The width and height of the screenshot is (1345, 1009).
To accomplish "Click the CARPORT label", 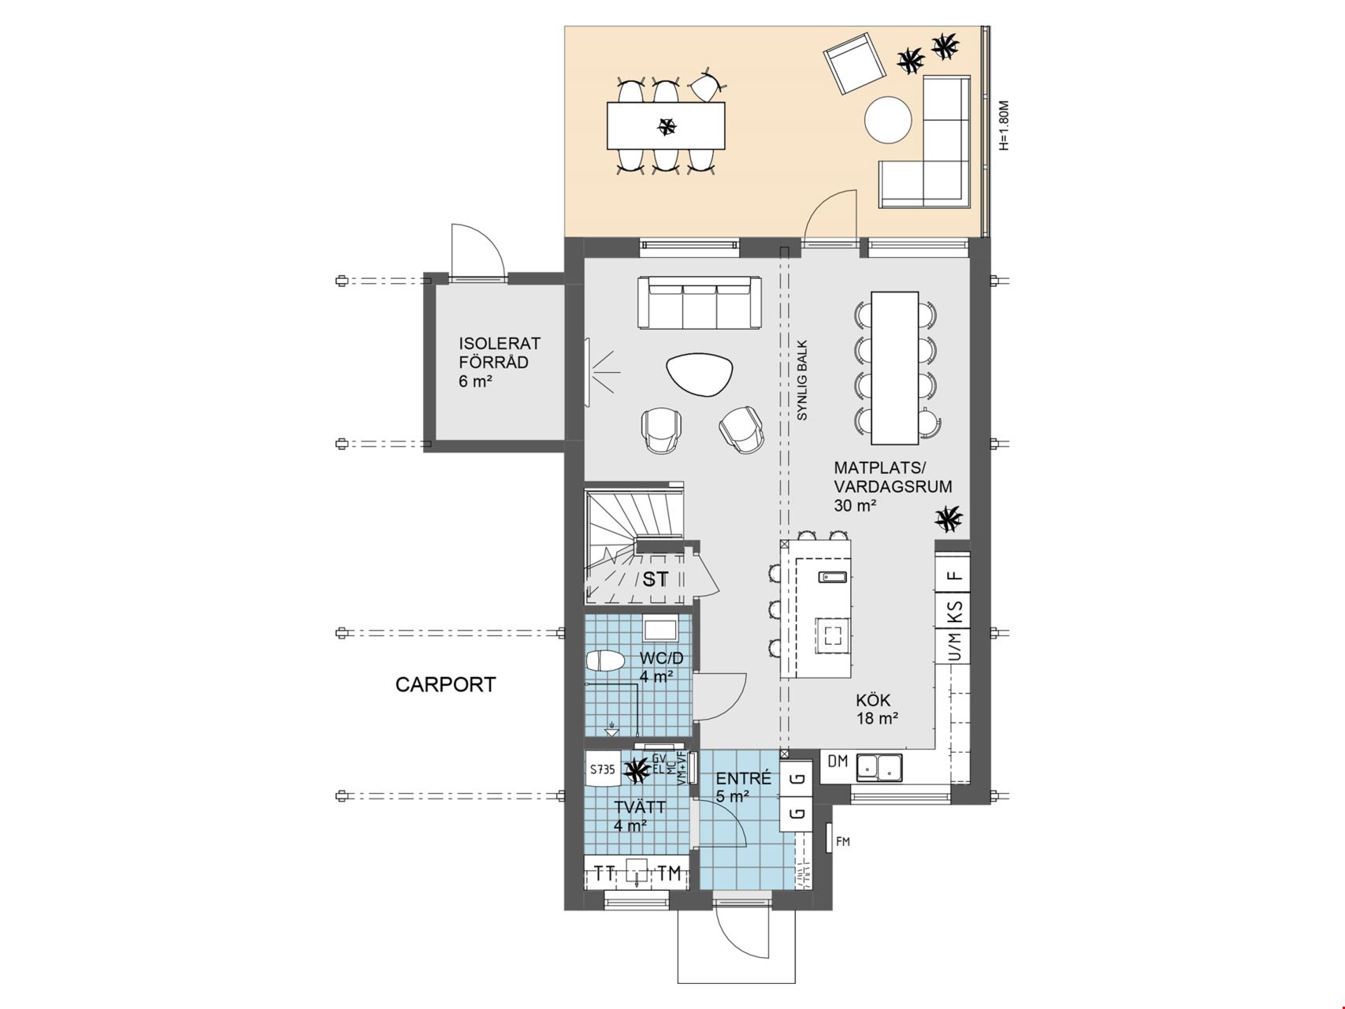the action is point(445,684).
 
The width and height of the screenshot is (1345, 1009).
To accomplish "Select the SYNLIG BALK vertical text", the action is point(802,381).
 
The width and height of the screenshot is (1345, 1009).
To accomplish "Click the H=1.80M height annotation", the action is point(1003,125).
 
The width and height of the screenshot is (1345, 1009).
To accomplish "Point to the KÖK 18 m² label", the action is point(877,709).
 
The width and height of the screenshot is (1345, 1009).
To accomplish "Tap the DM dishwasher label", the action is point(838,761).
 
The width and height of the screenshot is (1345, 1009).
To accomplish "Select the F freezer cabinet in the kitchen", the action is point(955,575).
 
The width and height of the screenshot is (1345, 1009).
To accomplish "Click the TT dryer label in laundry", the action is point(604,873).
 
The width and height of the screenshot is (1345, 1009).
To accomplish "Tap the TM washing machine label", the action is point(669,873).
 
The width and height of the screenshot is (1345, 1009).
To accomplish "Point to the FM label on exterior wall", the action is point(843,842).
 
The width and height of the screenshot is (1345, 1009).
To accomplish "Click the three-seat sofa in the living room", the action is point(700,302).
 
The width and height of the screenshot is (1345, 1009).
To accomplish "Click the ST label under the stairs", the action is point(655,579).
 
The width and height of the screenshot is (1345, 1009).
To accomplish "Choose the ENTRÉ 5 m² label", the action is point(743,787).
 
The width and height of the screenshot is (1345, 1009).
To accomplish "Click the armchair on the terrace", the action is point(854,62).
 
